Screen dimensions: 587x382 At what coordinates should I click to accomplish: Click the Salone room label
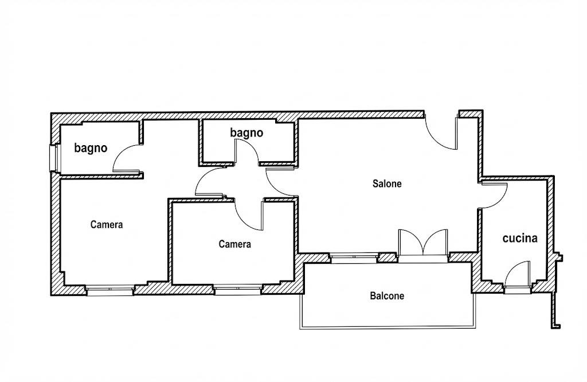coord(387,184)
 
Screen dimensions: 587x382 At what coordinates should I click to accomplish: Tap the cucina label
coord(519,238)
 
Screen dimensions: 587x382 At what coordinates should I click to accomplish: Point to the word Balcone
coord(387,296)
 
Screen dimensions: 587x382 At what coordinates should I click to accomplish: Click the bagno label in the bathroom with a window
coord(91,149)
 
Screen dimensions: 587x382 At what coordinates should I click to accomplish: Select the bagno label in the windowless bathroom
coord(246,133)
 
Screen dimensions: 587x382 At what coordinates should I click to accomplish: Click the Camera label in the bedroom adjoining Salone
coord(234,244)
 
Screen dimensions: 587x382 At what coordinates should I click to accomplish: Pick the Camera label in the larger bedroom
coord(107,224)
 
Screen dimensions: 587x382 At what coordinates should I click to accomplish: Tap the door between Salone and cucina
coord(494,195)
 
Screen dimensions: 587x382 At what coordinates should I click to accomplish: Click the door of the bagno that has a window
coord(128,158)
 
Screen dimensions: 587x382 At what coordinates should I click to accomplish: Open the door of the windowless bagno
coord(246,151)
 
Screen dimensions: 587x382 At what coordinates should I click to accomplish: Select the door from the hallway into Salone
coord(281,182)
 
